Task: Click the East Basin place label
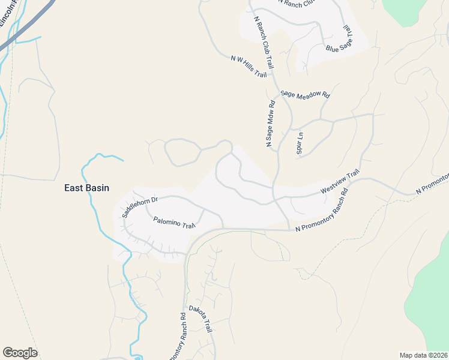(x=87, y=188)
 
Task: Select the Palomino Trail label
(x=175, y=223)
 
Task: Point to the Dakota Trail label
(x=200, y=319)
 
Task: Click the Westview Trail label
(x=340, y=181)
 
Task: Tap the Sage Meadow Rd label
(x=306, y=94)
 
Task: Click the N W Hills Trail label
(x=248, y=66)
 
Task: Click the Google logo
(x=20, y=352)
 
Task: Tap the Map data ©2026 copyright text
(x=423, y=355)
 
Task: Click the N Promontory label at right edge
(x=432, y=184)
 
